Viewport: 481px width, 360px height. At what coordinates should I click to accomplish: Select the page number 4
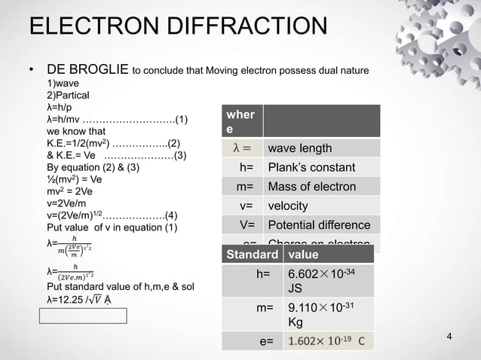pos(449,335)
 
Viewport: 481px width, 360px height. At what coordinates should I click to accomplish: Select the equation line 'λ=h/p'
pos(63,107)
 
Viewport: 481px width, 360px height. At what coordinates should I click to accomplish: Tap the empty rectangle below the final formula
pos(84,316)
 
